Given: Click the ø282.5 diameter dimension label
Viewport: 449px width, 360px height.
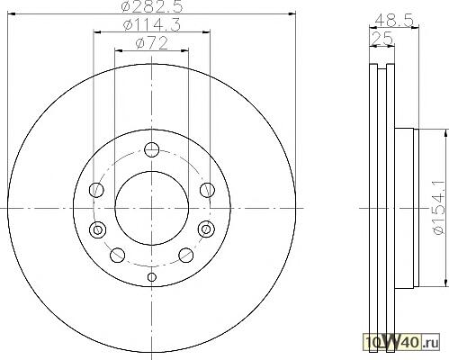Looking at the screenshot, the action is (x=151, y=6).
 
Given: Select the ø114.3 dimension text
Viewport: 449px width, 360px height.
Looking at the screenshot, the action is (x=151, y=25).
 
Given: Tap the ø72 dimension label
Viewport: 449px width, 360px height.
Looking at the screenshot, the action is (x=151, y=44).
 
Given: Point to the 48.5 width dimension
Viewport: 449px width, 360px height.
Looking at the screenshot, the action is (x=394, y=22).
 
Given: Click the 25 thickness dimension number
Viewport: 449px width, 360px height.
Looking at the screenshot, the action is (x=382, y=39).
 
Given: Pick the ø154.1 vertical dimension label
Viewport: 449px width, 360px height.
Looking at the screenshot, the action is (x=439, y=208).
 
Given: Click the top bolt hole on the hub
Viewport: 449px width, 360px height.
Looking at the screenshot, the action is (x=151, y=149).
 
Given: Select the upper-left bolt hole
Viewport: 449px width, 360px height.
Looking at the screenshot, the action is (x=96, y=190).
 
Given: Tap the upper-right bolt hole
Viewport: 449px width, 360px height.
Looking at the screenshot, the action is (x=207, y=190).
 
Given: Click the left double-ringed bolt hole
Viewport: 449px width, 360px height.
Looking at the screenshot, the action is (x=97, y=229).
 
